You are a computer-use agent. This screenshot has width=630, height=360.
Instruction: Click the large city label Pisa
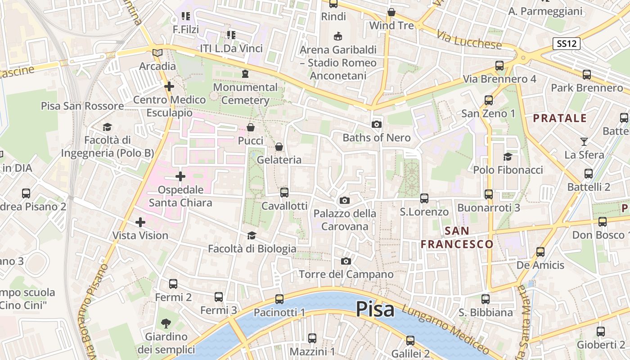pyautogui.click(x=375, y=309)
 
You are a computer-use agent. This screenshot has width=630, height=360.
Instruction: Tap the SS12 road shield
pyautogui.click(x=567, y=44)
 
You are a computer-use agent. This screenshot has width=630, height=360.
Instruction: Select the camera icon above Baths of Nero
pyautogui.click(x=377, y=124)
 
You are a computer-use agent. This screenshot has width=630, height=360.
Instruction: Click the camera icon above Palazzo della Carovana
pyautogui.click(x=345, y=200)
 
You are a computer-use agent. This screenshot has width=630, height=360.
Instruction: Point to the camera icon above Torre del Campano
pyautogui.click(x=346, y=261)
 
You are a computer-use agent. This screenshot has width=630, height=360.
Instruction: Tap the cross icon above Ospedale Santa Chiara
pyautogui.click(x=180, y=176)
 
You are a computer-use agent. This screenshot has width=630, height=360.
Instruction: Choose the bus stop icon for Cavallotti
pyautogui.click(x=284, y=193)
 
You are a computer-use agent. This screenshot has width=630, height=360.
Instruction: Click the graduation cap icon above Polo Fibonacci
pyautogui.click(x=508, y=157)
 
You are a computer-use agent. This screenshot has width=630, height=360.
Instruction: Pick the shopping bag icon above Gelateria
pyautogui.click(x=279, y=147)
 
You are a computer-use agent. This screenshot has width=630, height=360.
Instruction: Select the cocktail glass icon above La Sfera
pyautogui.click(x=584, y=142)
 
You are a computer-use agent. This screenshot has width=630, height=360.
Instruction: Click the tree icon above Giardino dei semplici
pyautogui.click(x=166, y=323)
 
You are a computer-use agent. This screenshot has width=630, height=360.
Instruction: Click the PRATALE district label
pyautogui.click(x=560, y=118)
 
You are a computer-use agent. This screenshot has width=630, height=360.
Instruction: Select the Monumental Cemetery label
pyautogui.click(x=245, y=94)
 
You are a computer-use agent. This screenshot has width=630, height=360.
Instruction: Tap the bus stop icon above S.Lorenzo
pyautogui.click(x=424, y=198)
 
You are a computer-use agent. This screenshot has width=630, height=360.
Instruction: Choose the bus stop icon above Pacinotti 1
pyautogui.click(x=279, y=299)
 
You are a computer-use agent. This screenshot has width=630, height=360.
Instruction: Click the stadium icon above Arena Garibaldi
pyautogui.click(x=337, y=36)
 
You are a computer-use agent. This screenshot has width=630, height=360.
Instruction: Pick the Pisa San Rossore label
pyautogui.click(x=82, y=106)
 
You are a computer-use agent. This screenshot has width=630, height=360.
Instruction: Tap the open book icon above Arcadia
pyautogui.click(x=157, y=53)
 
